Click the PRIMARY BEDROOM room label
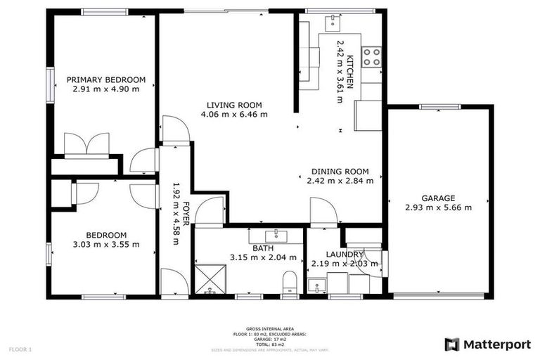[105, 79]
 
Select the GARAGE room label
[438, 198]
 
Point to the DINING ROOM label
[340, 171]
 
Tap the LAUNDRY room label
[345, 254]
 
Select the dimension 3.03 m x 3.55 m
[106, 245]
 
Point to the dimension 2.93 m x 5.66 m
[438, 207]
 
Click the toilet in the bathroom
[289, 285]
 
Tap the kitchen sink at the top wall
[332, 23]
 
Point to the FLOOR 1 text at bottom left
[20, 349]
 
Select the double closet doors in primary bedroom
[86, 144]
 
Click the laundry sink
[318, 287]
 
